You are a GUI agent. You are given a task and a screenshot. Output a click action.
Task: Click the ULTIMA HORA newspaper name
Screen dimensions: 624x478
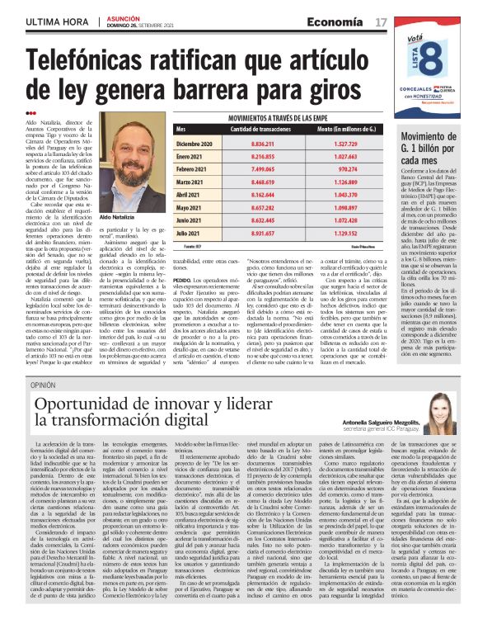tap(56, 21)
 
